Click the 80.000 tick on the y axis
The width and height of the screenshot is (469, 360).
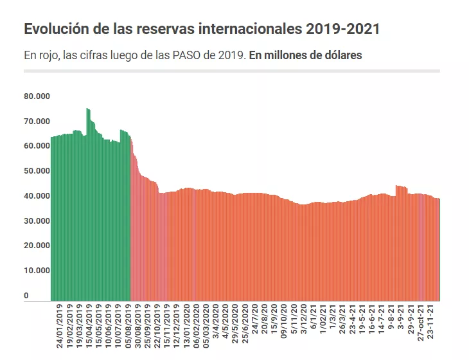point(37,96)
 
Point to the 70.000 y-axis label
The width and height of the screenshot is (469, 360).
point(37,121)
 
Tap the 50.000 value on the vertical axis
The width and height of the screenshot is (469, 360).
point(37,171)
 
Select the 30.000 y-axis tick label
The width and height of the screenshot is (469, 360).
point(37,221)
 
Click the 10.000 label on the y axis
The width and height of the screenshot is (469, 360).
point(37,271)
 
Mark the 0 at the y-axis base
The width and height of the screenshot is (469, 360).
point(26,296)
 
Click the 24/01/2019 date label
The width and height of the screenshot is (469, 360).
point(60,326)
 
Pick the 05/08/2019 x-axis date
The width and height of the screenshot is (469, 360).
point(128,326)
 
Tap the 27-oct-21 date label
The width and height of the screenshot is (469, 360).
point(421,325)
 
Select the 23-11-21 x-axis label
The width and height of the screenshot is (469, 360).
point(432,323)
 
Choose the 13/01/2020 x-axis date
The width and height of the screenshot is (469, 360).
point(186,326)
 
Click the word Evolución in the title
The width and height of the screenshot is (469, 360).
point(55,30)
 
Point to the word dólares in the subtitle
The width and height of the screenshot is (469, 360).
point(341,55)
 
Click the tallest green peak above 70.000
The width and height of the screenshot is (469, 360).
point(88,111)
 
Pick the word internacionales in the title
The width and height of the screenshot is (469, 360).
point(248,30)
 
